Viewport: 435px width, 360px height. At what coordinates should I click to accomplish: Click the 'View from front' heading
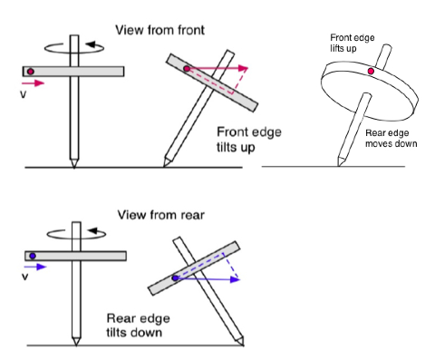(159, 30)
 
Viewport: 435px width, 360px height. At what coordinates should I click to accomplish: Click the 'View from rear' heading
(161, 215)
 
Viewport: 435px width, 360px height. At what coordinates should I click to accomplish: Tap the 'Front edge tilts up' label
(249, 140)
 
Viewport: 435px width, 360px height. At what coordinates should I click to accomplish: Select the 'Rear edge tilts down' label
(138, 326)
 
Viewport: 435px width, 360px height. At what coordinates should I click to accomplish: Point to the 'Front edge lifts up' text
(353, 43)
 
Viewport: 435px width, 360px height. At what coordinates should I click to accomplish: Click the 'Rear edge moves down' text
(391, 138)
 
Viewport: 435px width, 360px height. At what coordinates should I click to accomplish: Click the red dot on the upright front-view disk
(31, 72)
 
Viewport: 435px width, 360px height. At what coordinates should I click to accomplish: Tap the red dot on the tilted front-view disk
(187, 69)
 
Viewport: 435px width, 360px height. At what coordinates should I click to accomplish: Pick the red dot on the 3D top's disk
(371, 72)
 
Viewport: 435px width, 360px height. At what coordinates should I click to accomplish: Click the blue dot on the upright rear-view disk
(33, 256)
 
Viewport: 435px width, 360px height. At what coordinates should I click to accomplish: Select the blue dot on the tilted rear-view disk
(175, 278)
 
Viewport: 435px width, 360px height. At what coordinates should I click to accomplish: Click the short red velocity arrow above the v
(34, 83)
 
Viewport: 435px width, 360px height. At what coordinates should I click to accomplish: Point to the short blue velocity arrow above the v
(35, 267)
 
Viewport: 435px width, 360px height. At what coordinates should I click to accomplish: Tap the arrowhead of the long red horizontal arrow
(243, 68)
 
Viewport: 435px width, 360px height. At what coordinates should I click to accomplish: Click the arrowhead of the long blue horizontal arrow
(235, 279)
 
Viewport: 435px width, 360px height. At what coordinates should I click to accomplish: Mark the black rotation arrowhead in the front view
(91, 45)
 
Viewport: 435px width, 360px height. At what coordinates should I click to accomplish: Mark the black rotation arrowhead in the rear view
(92, 231)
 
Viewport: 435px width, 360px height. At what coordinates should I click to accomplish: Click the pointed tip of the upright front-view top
(74, 168)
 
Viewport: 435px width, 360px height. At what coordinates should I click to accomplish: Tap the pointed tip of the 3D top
(338, 166)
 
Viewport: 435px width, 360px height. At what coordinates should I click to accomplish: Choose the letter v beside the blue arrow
(25, 277)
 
